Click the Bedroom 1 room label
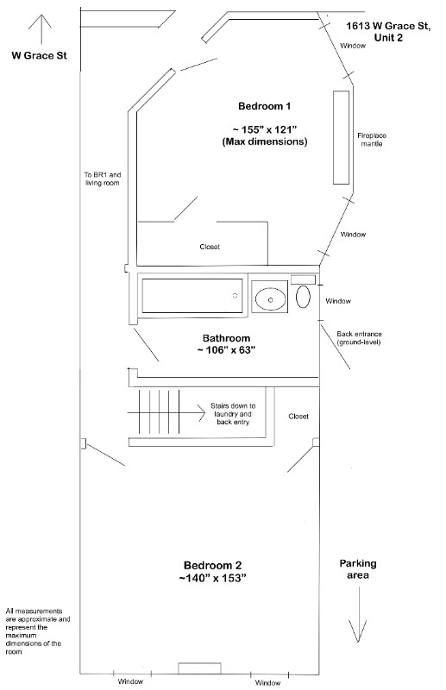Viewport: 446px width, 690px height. click(264, 106)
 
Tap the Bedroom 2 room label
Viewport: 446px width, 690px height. click(213, 566)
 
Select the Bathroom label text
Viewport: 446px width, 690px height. click(226, 338)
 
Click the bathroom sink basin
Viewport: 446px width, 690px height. click(270, 298)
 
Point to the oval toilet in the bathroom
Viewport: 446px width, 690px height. click(303, 297)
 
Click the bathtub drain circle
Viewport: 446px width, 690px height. click(236, 296)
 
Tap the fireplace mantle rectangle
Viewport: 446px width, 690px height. click(342, 137)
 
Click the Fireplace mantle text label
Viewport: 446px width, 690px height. click(372, 140)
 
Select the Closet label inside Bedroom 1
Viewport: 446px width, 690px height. click(210, 247)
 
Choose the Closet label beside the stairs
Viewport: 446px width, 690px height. click(298, 417)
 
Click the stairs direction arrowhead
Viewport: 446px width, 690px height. click(201, 413)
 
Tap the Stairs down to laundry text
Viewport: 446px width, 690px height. click(233, 414)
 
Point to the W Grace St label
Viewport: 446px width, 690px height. click(39, 55)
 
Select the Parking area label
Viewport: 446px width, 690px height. click(358, 569)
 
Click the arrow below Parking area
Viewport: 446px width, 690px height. click(359, 615)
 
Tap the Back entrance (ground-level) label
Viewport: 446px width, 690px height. click(359, 338)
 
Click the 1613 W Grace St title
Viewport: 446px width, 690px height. click(388, 32)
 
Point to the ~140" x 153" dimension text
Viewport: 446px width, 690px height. click(213, 578)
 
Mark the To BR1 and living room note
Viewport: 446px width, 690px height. click(102, 179)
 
